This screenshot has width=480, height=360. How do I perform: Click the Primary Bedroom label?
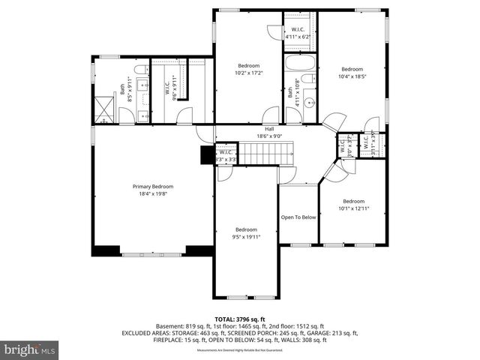point(153,186)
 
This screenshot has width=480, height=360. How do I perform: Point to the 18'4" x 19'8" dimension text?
point(153,193)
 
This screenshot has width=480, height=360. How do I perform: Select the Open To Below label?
point(298,217)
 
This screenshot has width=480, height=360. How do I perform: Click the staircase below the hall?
point(259,154)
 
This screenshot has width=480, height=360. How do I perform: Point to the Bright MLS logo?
point(29,349)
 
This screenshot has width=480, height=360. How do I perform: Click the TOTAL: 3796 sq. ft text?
point(239,319)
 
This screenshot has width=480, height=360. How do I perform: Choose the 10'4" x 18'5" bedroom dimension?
point(352,76)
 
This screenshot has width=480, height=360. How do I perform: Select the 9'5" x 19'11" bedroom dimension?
point(246,237)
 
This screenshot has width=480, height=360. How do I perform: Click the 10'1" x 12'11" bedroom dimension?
point(353,208)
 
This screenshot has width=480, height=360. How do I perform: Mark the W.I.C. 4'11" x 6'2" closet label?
point(297,33)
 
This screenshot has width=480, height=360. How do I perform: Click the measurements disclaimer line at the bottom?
point(239,350)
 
